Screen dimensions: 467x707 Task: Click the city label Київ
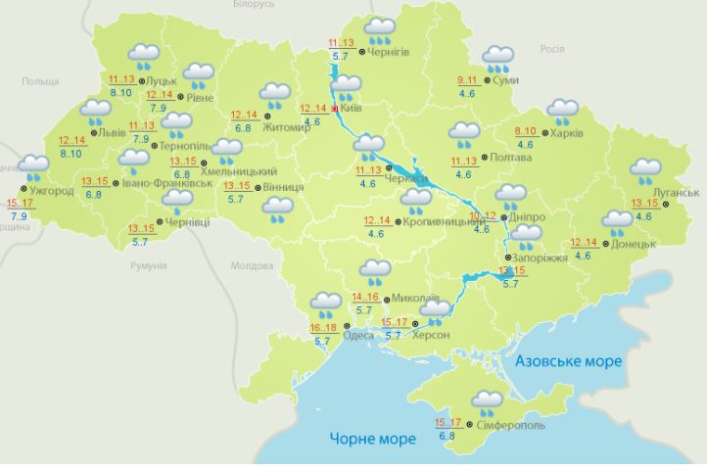point(350,109)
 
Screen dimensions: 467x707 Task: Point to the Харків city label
point(567,133)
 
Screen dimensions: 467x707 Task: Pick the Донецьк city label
point(633,243)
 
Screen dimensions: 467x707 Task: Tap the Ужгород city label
point(51,190)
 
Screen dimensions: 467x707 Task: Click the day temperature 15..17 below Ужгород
point(19,203)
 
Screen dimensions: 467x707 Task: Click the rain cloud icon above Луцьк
point(144,57)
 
